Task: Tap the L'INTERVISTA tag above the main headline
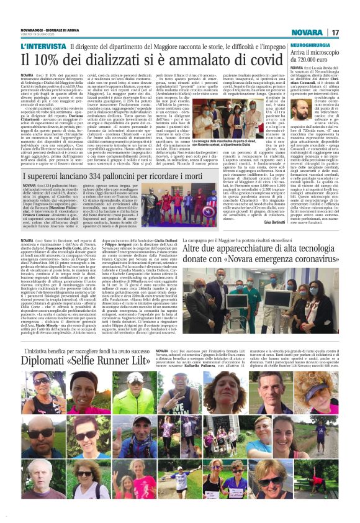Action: pyautogui.click(x=43, y=47)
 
